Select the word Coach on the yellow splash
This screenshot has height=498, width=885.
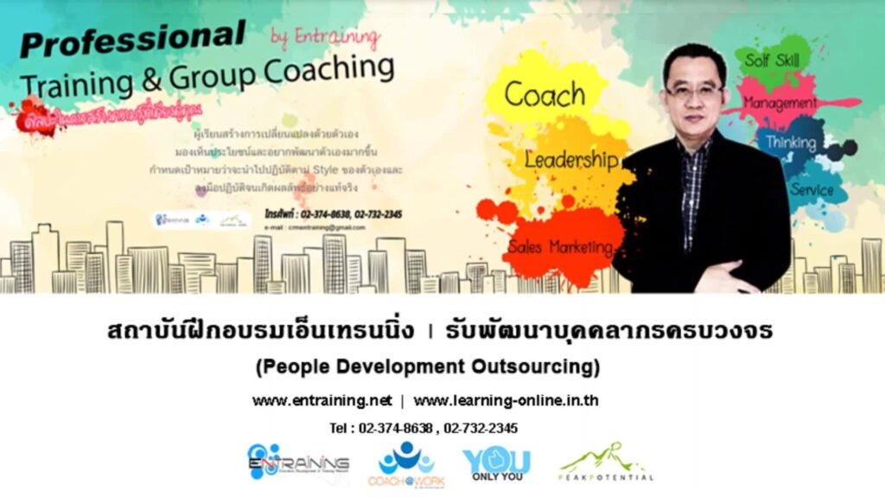(x=544, y=94)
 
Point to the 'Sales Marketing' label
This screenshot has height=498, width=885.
(x=560, y=247)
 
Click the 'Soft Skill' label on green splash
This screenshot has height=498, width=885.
(x=773, y=61)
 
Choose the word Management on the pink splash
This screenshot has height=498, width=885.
(x=780, y=103)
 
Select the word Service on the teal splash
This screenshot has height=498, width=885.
(x=811, y=189)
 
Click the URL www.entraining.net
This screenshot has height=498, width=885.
(x=322, y=400)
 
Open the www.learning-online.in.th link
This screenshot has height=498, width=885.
(x=506, y=400)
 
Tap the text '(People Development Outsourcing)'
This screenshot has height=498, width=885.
(x=428, y=367)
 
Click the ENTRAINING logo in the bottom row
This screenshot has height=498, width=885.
(x=297, y=463)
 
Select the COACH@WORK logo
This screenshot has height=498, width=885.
(x=406, y=463)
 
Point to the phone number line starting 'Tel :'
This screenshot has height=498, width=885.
(x=423, y=428)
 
